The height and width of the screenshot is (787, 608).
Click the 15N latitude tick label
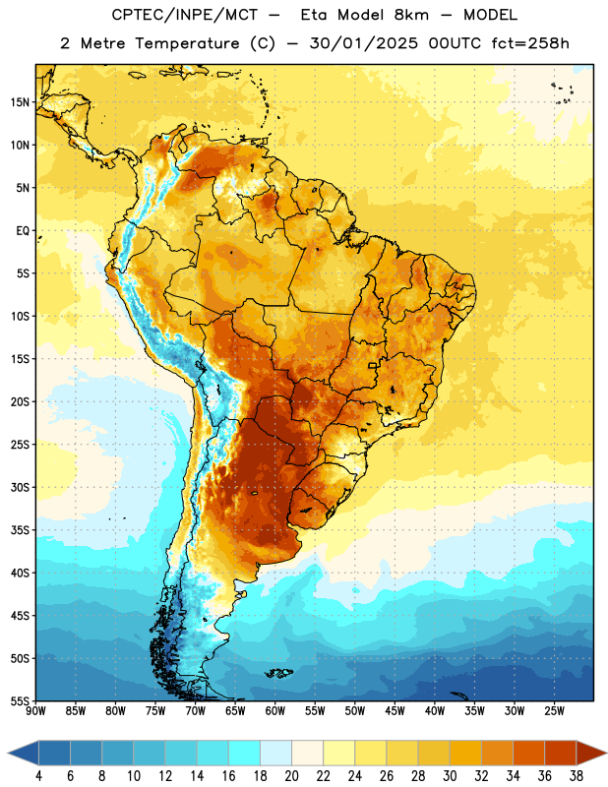tap(20, 102)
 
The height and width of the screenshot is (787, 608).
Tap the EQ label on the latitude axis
tap(23, 231)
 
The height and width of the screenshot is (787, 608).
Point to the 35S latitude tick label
tap(20, 530)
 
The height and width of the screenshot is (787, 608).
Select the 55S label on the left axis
tap(20, 700)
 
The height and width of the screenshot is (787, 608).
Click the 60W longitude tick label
tap(275, 710)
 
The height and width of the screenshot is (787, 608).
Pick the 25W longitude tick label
tap(554, 710)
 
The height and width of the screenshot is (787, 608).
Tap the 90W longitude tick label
tap(35, 710)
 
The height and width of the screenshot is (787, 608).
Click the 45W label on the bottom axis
tap(395, 710)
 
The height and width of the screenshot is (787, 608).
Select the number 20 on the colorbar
tap(291, 776)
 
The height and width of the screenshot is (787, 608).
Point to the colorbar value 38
tap(577, 776)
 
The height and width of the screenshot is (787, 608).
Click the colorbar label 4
tap(38, 776)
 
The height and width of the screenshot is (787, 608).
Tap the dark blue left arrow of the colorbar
tap(23, 753)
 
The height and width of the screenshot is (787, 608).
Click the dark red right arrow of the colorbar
tap(592, 753)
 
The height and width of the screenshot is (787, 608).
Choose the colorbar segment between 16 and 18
tap(245, 753)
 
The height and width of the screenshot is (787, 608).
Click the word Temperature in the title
tap(187, 43)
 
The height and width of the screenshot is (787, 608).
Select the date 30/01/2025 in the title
tap(363, 43)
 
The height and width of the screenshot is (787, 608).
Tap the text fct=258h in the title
tap(530, 43)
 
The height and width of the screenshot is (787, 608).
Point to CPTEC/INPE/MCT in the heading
tap(185, 15)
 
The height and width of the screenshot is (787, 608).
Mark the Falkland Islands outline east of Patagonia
tap(278, 673)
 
